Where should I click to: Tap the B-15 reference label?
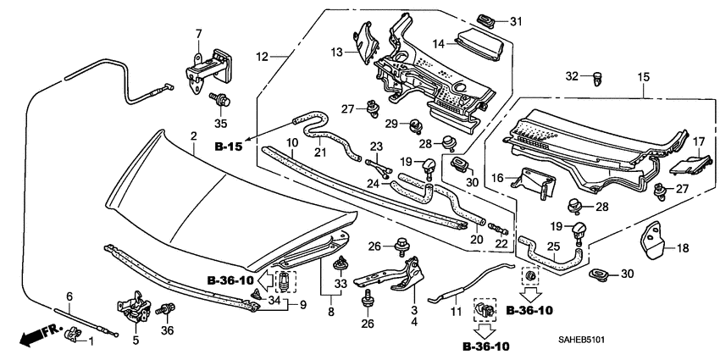click(x=228, y=147)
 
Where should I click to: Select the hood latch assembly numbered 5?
click(x=133, y=313)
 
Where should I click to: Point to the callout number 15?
click(x=643, y=77)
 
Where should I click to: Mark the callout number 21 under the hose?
click(x=320, y=152)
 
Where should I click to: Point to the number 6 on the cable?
click(x=69, y=296)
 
